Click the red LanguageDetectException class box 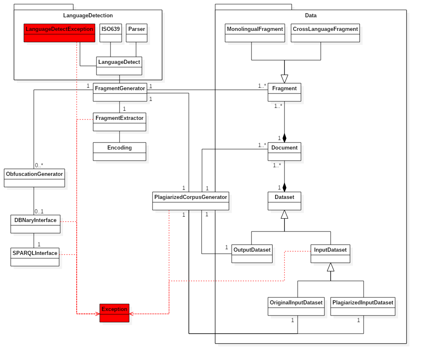(x=59, y=33)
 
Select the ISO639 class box (x=110, y=33)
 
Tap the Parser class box (x=136, y=33)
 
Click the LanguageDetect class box (x=119, y=66)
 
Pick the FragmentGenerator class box (x=120, y=92)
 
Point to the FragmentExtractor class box (x=120, y=122)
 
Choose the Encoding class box (x=120, y=152)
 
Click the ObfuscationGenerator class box (x=34, y=178)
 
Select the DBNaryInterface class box (x=35, y=224)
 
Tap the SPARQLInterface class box (x=35, y=257)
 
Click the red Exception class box (x=114, y=313)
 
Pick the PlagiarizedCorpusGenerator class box (x=190, y=201)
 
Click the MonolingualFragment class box (x=255, y=33)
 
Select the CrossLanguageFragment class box (x=325, y=33)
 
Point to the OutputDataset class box (x=252, y=254)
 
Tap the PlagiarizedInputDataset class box (x=363, y=306)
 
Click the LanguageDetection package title (x=88, y=16)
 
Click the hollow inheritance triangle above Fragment (x=284, y=79)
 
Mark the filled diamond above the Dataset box (x=284, y=187)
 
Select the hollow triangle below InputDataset (x=331, y=267)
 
